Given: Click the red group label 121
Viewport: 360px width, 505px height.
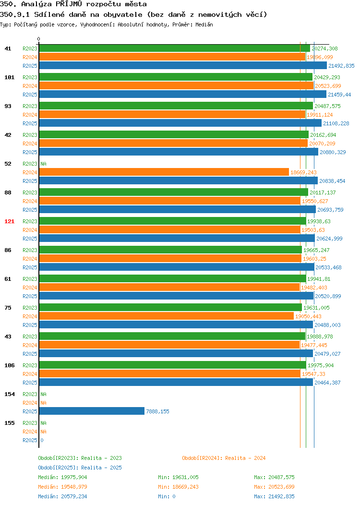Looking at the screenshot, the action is coord(9,221).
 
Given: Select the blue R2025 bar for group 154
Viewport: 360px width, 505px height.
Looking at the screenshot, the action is coord(92,411).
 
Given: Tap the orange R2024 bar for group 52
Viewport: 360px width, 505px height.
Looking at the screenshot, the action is coord(164,172).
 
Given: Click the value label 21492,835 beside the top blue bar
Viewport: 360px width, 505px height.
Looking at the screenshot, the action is coord(341,66).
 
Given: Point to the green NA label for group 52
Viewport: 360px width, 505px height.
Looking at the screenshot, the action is coord(44,164).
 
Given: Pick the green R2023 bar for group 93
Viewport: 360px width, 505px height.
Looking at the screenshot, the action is coord(176,106).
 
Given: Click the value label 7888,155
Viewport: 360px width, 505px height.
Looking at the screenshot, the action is coord(157,411).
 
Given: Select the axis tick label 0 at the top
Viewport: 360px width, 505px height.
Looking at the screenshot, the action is coord(39,39).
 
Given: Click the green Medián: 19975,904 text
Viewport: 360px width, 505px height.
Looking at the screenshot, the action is coord(62,477).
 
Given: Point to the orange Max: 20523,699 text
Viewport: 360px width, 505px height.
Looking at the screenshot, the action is coord(274,487).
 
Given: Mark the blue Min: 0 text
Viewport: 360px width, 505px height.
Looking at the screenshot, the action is coord(167,497).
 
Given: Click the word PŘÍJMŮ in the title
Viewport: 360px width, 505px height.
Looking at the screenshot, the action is coord(69,4).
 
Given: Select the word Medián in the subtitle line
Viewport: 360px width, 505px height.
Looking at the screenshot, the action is coord(204,24).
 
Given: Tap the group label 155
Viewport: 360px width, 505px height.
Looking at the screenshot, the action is coord(9,423).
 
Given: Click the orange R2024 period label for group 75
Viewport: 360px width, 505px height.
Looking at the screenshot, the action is coord(30,316).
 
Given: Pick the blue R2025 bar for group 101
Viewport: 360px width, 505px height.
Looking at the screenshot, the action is coord(183,95).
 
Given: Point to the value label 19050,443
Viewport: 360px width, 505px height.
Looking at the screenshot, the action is coord(308,316).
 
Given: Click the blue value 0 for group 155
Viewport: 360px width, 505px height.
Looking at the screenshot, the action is coord(42,440).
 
